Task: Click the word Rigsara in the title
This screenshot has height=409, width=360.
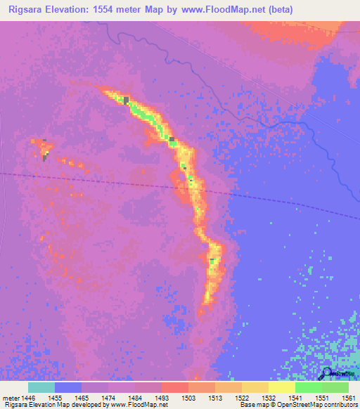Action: (x=22, y=9)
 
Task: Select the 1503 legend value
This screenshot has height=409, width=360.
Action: (x=188, y=398)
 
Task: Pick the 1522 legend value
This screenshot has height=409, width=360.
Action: (x=241, y=398)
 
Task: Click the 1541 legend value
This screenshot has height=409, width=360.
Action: (x=295, y=398)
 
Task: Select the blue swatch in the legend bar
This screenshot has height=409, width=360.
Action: (x=68, y=387)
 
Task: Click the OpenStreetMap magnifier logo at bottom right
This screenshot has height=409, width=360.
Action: (x=328, y=373)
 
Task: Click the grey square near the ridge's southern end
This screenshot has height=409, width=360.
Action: (x=212, y=261)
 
